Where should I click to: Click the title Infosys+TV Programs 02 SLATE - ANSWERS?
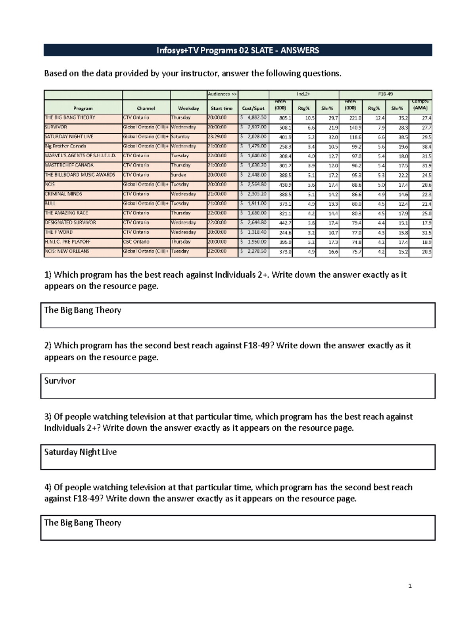[238, 50]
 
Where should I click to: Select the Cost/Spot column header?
[253, 108]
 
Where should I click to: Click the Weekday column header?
[188, 108]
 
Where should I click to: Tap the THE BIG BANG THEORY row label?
[70, 118]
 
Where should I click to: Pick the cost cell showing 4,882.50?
[254, 118]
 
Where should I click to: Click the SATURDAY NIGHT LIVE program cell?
[69, 137]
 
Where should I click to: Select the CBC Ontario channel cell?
[136, 242]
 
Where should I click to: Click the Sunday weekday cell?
[178, 175]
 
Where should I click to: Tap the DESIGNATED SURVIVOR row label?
[70, 222]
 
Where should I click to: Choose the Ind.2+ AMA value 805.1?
[285, 118]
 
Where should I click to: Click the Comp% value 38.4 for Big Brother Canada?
[426, 147]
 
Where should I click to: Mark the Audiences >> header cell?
[222, 95]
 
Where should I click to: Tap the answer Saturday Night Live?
[80, 452]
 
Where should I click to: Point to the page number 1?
[410, 586]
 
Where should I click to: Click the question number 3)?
[48, 417]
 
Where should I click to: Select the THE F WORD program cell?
[59, 232]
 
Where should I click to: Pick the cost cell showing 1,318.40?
[254, 232]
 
